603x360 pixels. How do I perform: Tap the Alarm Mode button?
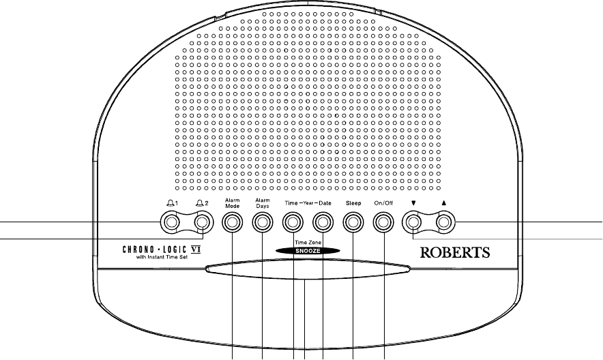[x=233, y=222]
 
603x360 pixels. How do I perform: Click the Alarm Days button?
[x=263, y=222]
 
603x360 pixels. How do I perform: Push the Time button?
[x=293, y=222]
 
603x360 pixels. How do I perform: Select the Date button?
[x=323, y=222]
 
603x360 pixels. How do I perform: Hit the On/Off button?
[x=383, y=222]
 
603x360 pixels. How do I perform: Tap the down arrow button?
[x=413, y=222]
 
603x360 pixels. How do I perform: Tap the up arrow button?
[x=444, y=222]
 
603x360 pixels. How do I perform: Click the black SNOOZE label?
[x=308, y=251]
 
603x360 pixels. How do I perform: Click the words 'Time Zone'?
[x=308, y=243]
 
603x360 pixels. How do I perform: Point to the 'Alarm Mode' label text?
[x=233, y=202]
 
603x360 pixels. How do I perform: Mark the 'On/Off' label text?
[x=383, y=203]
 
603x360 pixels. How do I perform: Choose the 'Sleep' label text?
[x=353, y=203]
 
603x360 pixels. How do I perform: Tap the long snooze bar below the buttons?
[x=308, y=271]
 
